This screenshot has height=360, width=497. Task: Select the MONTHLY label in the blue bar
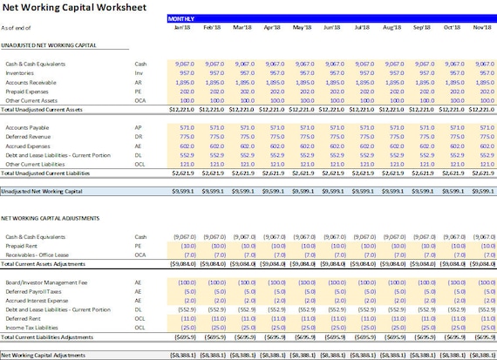(181, 17)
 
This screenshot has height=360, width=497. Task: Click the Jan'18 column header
(181, 27)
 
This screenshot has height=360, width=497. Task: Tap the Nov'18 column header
(482, 27)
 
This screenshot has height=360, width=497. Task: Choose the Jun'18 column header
(332, 27)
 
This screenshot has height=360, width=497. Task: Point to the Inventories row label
(22, 72)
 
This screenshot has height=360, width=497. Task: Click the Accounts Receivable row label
(32, 81)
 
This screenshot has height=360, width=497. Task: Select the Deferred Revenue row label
(27, 136)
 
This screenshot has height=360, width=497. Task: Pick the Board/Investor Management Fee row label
(46, 283)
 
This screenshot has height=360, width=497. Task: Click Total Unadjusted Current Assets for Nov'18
(481, 109)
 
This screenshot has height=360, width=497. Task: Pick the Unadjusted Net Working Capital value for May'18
(302, 188)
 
